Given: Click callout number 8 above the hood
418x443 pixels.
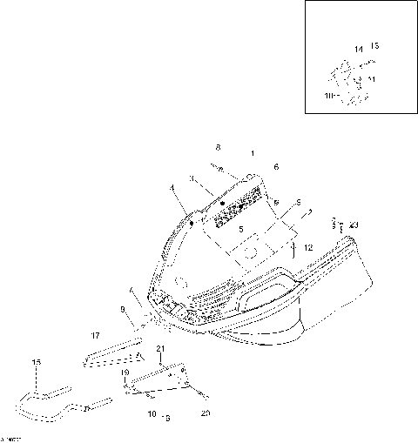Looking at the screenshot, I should tap(219, 147).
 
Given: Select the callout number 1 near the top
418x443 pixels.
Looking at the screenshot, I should tap(253, 154).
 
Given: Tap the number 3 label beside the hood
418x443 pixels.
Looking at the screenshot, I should tap(191, 178).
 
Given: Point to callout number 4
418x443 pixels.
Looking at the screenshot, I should tap(172, 188).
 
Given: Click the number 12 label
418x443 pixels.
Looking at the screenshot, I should tap(308, 248).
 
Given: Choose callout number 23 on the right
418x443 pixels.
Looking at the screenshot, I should tap(354, 225).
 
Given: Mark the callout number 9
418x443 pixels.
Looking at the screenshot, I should tap(123, 309).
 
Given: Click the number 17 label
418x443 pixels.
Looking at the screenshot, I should tap(94, 333).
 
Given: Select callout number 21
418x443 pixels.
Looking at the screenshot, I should tap(160, 349).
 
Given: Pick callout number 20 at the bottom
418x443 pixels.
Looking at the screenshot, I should tap(206, 413).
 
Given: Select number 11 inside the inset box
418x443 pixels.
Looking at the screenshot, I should tap(372, 79).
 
